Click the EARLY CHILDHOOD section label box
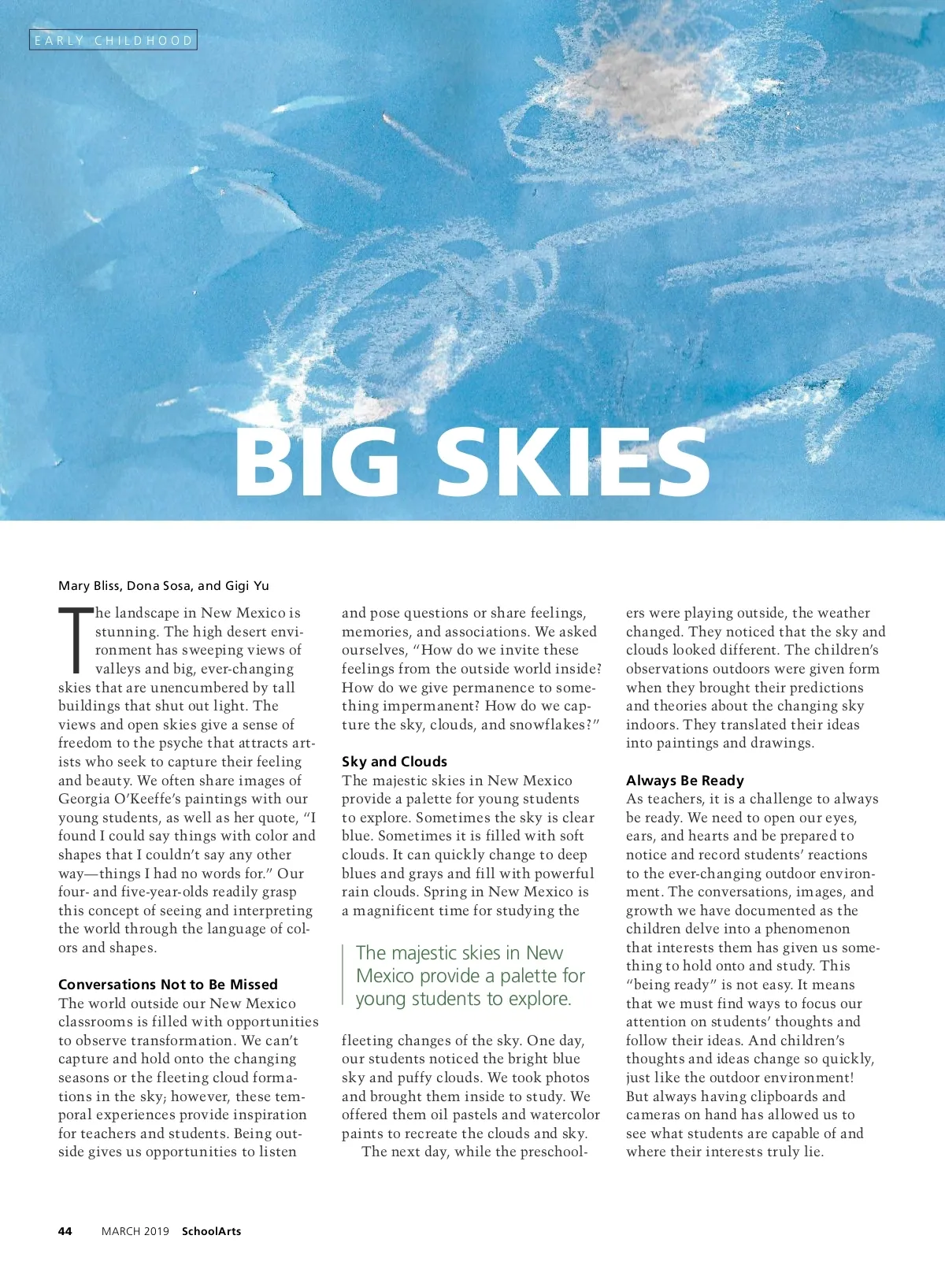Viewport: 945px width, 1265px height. (x=113, y=40)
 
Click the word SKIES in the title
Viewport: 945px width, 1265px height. (x=573, y=462)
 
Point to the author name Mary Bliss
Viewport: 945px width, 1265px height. (x=88, y=585)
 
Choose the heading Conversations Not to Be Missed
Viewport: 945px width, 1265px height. (x=168, y=984)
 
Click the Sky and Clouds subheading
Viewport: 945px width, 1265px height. (x=395, y=761)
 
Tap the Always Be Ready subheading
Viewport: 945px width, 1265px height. (x=685, y=780)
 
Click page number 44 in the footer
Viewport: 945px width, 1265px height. (x=65, y=1231)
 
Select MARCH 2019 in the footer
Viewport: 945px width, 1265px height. (x=135, y=1231)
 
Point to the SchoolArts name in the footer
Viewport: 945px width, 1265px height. (x=212, y=1231)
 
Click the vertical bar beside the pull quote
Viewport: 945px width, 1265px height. (x=343, y=975)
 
